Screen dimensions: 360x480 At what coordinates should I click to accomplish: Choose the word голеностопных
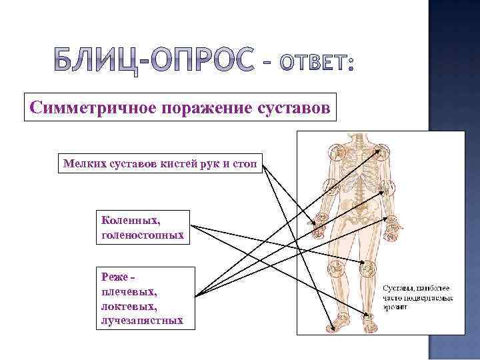(142, 234)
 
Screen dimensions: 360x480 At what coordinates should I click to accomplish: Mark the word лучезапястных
(141, 321)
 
